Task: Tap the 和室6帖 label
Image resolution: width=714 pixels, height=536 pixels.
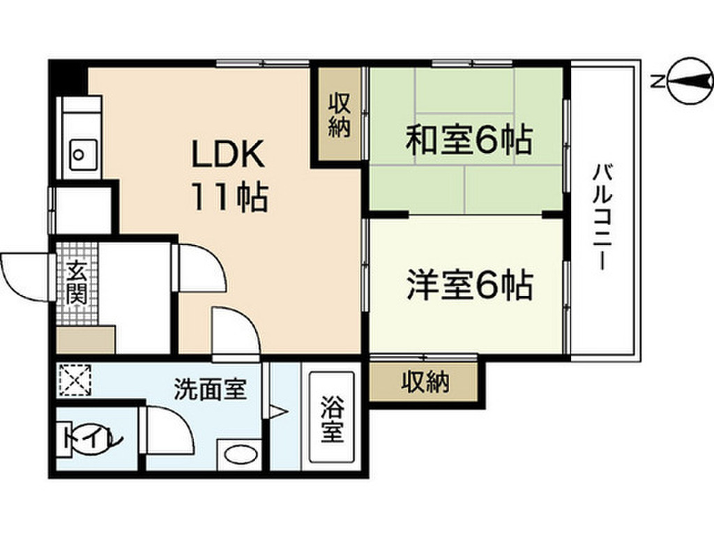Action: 469,140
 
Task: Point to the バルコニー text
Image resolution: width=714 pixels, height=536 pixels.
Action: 602,218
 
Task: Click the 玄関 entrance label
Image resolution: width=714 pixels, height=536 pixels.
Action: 76,283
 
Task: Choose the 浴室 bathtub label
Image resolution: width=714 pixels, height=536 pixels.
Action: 332,420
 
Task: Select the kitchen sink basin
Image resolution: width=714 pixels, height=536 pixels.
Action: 83,150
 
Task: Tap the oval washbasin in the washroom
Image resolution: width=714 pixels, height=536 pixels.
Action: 238,455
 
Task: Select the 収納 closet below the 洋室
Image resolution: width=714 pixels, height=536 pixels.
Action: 425,382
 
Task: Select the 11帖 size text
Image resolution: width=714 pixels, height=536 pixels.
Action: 228,199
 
